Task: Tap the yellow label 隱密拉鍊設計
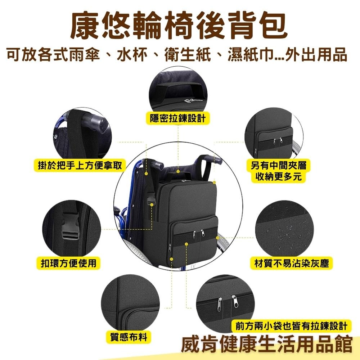point(178,118)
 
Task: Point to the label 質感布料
point(131,337)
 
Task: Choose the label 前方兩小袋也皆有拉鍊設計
point(291,326)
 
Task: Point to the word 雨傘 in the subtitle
point(86,56)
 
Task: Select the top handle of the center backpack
point(179,175)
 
